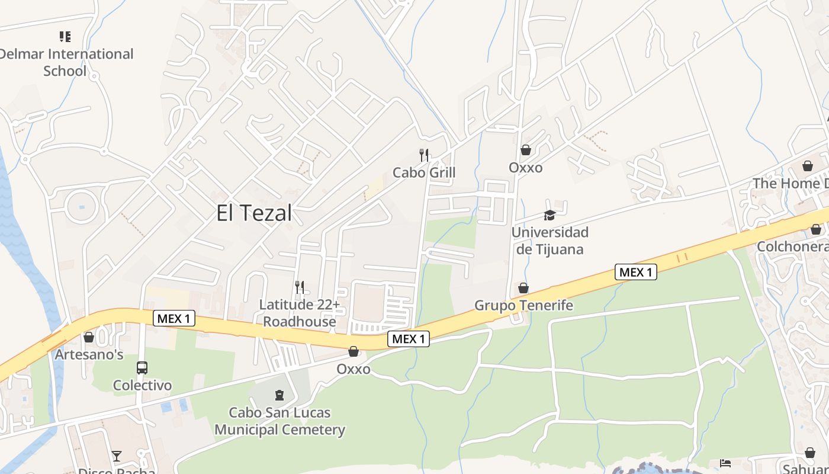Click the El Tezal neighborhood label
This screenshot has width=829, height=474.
(x=254, y=213)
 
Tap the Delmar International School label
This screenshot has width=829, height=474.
(x=65, y=62)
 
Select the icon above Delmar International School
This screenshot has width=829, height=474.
(x=65, y=37)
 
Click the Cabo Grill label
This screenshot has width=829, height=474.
(x=424, y=172)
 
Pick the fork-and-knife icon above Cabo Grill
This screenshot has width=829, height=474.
(x=424, y=155)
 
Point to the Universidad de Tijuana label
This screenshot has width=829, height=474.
(x=550, y=240)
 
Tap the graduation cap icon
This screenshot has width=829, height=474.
(x=550, y=215)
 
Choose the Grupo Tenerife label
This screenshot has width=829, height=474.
(x=523, y=305)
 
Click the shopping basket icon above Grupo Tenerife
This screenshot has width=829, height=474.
(x=523, y=288)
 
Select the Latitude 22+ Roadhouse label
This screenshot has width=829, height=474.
(x=300, y=313)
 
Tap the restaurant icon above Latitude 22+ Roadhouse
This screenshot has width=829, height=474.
(x=300, y=287)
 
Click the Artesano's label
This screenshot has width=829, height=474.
(x=89, y=354)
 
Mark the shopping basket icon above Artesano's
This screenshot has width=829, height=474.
(x=89, y=337)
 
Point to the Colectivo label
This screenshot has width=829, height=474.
(x=142, y=385)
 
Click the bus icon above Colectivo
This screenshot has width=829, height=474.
(x=142, y=368)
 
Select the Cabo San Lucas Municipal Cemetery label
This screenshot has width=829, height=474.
(x=279, y=421)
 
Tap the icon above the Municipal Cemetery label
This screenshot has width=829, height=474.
(x=279, y=395)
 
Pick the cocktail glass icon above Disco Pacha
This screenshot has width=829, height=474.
(x=117, y=456)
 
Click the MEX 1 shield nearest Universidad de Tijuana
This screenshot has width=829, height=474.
(x=637, y=272)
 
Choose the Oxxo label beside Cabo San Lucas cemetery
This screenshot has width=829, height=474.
(x=354, y=369)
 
